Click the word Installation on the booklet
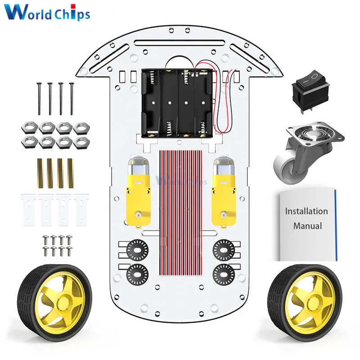tap(306, 211)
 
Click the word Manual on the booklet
tap(307, 226)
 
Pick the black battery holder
tap(177, 103)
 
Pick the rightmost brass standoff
tap(71, 173)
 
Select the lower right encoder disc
tap(222, 271)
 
